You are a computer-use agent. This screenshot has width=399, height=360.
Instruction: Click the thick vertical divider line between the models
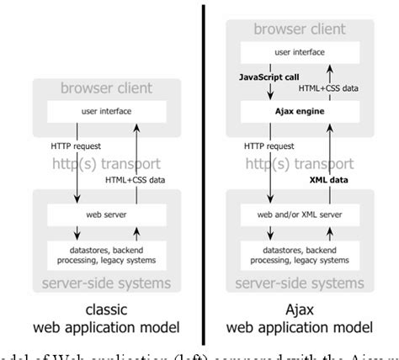(203, 168)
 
